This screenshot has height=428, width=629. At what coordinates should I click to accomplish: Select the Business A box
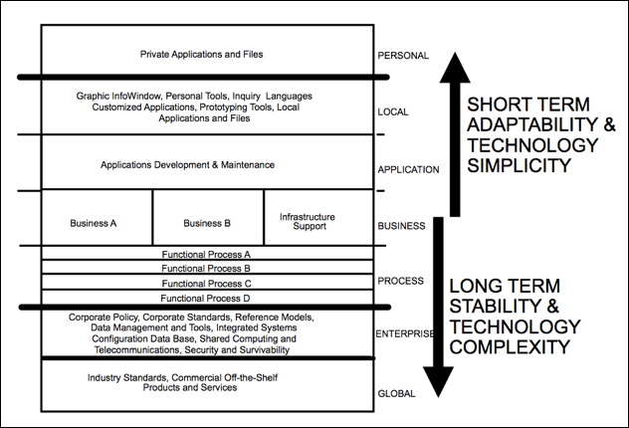pos(96,223)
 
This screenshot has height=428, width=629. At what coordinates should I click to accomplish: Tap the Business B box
pos(208,223)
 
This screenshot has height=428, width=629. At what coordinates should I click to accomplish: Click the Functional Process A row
pos(206,255)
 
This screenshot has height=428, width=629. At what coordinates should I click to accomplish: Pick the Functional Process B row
pos(206,269)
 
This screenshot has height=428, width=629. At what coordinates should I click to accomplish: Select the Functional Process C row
pos(206,283)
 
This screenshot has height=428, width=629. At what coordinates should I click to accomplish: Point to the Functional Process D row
pos(206,298)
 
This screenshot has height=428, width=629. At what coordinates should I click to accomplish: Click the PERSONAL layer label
pos(404,58)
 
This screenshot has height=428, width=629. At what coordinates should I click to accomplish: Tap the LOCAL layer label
pos(394,111)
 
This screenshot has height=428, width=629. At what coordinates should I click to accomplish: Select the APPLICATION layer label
pos(408,169)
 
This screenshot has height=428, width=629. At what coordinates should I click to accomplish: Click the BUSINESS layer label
pos(402,226)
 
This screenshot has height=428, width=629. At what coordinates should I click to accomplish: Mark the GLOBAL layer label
pos(397,394)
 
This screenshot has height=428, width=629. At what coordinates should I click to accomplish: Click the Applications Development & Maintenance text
pos(187,164)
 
